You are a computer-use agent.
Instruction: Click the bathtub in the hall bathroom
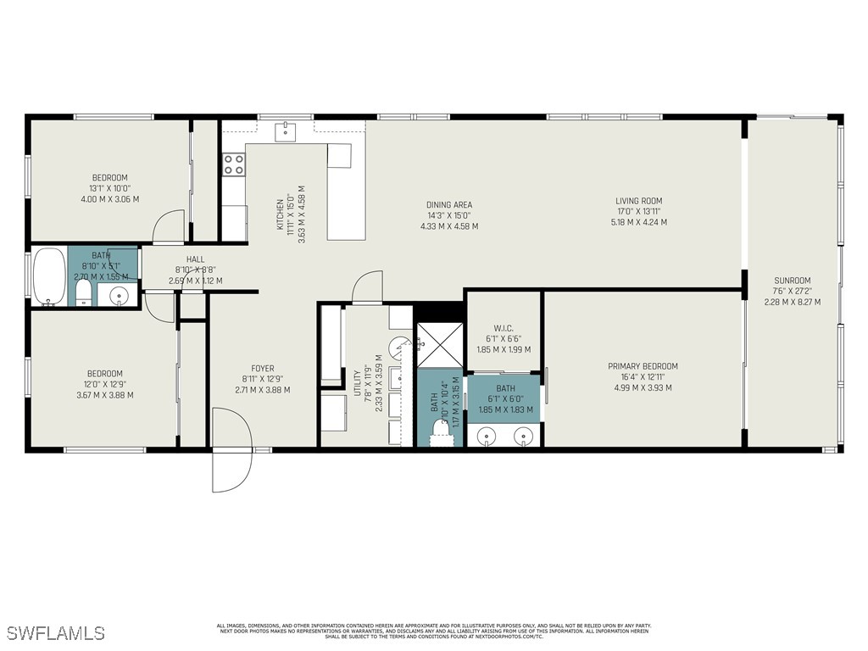click(49, 275)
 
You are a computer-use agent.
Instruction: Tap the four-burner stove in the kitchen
click(233, 164)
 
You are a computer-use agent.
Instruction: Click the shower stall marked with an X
click(438, 344)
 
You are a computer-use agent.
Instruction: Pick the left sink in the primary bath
click(487, 436)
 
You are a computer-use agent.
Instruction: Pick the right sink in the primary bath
click(525, 436)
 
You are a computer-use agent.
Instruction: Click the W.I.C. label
click(504, 329)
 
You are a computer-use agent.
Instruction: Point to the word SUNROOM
click(792, 281)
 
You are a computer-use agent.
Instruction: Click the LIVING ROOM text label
click(638, 202)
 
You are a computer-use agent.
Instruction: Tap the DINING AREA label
click(449, 205)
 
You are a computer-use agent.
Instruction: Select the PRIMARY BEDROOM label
click(643, 366)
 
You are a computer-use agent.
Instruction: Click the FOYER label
click(263, 369)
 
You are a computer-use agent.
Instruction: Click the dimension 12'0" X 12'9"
click(105, 384)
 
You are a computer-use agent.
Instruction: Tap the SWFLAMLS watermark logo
click(56, 633)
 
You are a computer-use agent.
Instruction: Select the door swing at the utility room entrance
click(367, 287)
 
